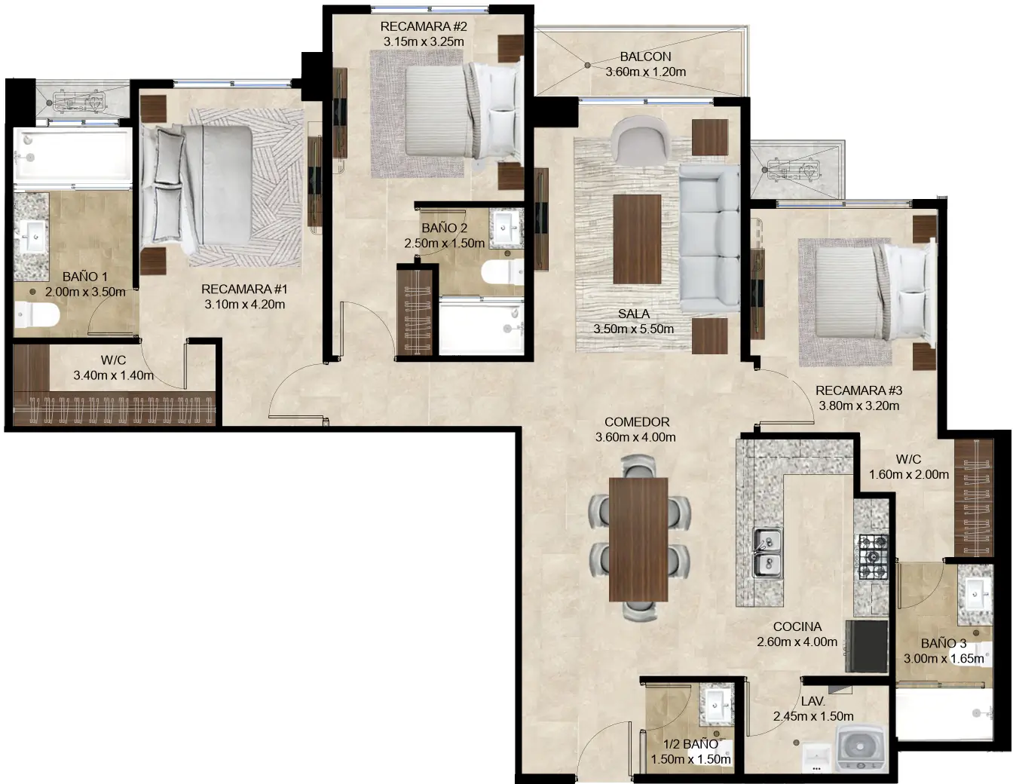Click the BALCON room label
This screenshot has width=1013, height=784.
(645, 57)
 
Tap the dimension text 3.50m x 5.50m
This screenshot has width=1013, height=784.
(634, 329)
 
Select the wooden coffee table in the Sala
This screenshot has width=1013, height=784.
(637, 239)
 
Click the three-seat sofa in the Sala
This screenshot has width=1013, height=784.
(709, 238)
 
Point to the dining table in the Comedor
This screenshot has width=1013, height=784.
(638, 539)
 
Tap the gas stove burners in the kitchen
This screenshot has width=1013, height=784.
(873, 557)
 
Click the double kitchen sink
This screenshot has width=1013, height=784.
(767, 553)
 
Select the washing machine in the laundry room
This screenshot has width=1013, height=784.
(861, 749)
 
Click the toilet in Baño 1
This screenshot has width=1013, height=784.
(37, 314)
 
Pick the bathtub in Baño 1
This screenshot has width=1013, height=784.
(72, 156)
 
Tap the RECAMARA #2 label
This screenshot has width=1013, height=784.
(424, 26)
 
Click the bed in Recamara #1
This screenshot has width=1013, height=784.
(197, 185)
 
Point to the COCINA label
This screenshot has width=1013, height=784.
(797, 627)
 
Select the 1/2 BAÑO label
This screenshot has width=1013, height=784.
(690, 744)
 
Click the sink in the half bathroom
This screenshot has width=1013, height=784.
(716, 705)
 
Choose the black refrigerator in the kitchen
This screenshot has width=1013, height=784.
(866, 646)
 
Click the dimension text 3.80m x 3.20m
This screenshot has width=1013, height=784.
(858, 406)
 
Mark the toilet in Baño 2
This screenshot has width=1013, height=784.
(503, 272)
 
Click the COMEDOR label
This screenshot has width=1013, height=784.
(637, 422)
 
